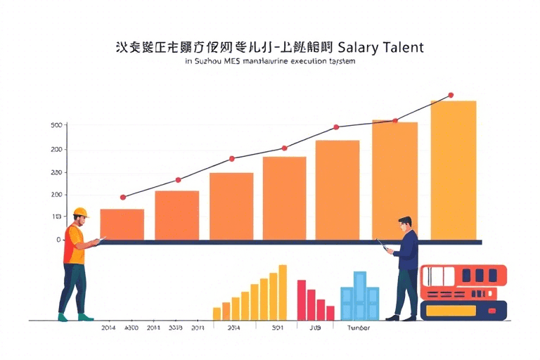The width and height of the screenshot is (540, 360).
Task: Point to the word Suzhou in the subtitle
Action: (208, 62)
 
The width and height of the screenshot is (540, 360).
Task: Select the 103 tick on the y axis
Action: (57, 217)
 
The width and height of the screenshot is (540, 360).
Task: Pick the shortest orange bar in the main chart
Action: (122, 224)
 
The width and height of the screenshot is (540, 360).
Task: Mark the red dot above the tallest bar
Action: (451, 95)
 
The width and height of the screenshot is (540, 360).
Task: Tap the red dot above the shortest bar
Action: (123, 198)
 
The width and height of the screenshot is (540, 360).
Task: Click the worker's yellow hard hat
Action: (81, 212)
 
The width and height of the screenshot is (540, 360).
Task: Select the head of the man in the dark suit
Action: (404, 224)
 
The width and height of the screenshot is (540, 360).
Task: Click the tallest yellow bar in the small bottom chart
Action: (283, 292)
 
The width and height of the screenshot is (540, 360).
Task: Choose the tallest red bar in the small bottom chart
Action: (302, 300)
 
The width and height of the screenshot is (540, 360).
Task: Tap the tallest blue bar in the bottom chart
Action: (360, 295)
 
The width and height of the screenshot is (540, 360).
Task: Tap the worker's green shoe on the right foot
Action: (85, 317)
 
